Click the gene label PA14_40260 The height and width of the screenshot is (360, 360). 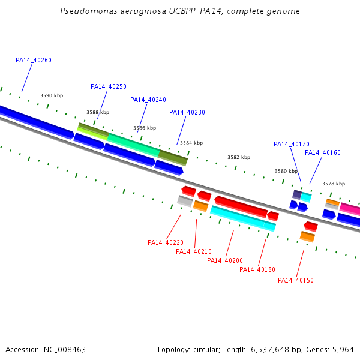pos(34,60)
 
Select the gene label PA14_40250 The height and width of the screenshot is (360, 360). pos(109,86)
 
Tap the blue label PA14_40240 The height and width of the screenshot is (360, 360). pos(148,100)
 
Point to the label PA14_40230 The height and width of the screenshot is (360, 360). pos(187,113)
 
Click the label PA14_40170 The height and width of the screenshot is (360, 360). pos(292,144)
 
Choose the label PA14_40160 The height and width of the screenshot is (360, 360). pos(323,152)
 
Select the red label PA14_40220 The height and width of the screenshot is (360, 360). pos(166,242)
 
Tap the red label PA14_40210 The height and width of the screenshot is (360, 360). pos(194,251)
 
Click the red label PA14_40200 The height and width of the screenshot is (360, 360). pos(225,260)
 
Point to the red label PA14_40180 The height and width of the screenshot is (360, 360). pos(257,269)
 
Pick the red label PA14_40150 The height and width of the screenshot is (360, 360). pos(296,280)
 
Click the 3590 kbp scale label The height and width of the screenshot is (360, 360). pos(52,95)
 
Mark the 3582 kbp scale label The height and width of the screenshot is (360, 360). pos(239,157)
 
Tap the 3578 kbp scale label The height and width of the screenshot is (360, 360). pos(334,184)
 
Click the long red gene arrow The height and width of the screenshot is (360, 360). pos(241,207)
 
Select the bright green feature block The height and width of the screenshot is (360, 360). pos(133,145)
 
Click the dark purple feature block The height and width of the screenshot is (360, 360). pos(297,194)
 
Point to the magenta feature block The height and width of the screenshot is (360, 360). pos(350,209)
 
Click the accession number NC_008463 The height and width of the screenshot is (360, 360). pos(65,350)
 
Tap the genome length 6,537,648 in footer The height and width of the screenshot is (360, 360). pos(270,350)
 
